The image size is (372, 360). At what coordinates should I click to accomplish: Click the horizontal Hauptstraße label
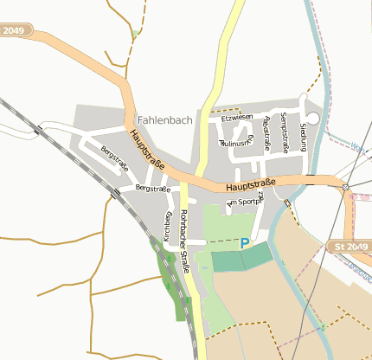point(250,185)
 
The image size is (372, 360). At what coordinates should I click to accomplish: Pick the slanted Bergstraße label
point(114,159)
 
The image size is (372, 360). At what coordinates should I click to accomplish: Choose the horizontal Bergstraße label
point(152,189)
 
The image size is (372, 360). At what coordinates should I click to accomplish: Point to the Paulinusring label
point(238,144)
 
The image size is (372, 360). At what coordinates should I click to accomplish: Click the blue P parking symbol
point(244,245)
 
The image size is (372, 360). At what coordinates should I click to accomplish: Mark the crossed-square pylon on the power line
point(345,187)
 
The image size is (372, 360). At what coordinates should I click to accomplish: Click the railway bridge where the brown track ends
point(115,195)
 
